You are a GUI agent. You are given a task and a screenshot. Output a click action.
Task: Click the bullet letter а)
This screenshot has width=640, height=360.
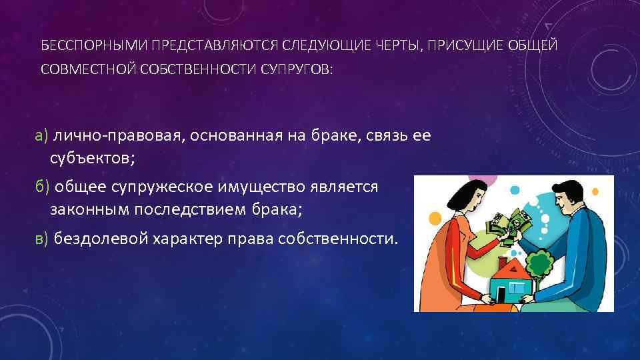42,136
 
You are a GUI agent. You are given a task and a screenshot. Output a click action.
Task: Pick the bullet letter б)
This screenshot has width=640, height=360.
42,187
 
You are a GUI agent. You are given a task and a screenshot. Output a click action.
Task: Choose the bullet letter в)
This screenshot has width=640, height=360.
42,238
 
